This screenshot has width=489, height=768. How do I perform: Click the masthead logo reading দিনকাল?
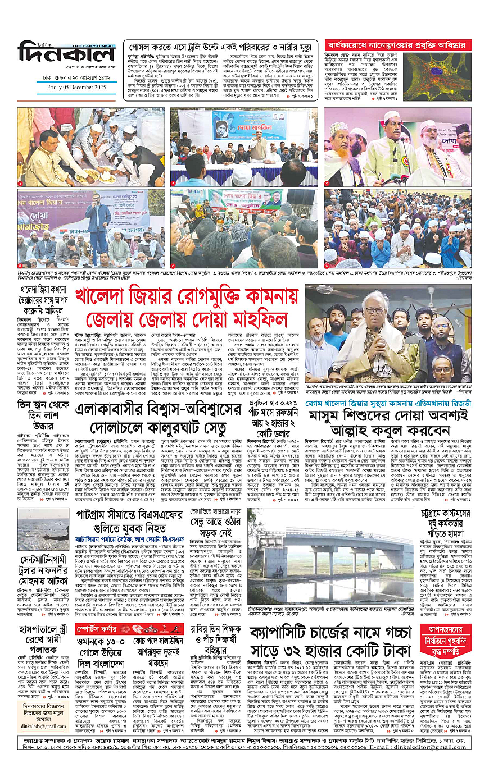tap(66, 55)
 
